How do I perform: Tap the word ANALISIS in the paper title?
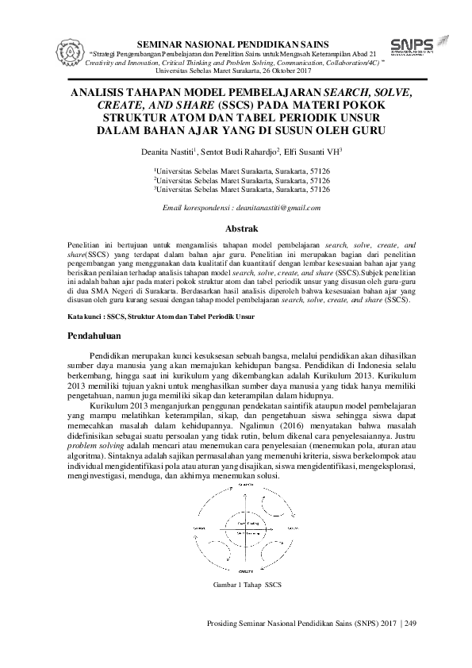point(102,93)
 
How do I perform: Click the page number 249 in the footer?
point(410,624)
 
